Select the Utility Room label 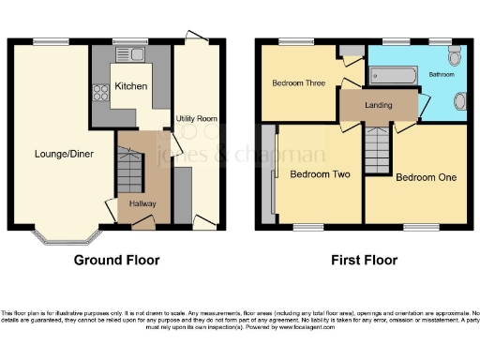[x=197, y=119]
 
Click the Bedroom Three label [x=298, y=82]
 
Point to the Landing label [x=378, y=105]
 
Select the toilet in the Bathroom [x=455, y=57]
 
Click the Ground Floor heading [x=116, y=260]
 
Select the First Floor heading [x=364, y=260]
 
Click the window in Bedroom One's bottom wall [x=420, y=227]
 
